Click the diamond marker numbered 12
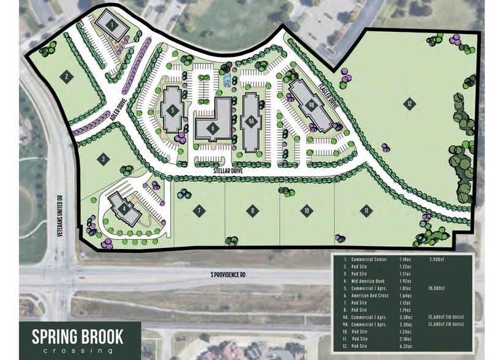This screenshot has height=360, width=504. tap(409, 103)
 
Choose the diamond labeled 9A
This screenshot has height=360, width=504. tap(251, 121)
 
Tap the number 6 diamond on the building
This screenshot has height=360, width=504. tap(213, 128)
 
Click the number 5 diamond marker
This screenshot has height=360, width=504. tap(173, 110)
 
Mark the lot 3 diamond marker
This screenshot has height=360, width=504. tap(104, 160)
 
